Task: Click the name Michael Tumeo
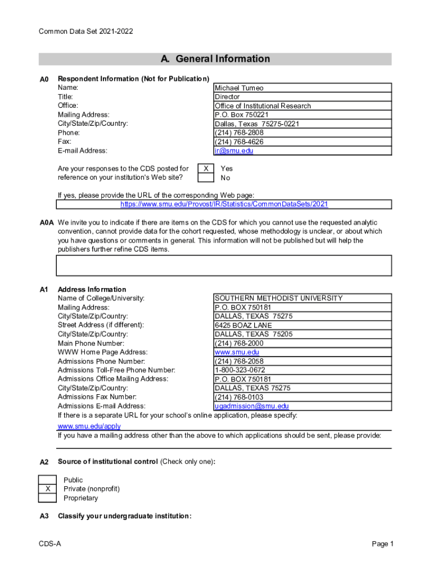point(239,88)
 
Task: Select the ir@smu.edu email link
point(234,151)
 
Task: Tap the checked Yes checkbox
point(206,168)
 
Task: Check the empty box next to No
point(206,178)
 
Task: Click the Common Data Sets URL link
point(224,204)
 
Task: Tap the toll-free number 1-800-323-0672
point(240,371)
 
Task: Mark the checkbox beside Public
point(48,480)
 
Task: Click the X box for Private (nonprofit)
point(48,489)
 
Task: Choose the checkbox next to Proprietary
point(48,498)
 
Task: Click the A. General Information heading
point(215,60)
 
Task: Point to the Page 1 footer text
point(382,544)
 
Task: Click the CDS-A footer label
point(50,544)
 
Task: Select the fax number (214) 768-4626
point(239,142)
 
